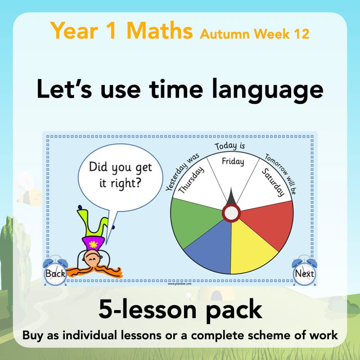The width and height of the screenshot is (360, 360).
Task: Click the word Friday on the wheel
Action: tap(233, 161)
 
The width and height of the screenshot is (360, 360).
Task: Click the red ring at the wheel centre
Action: tap(231, 212)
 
